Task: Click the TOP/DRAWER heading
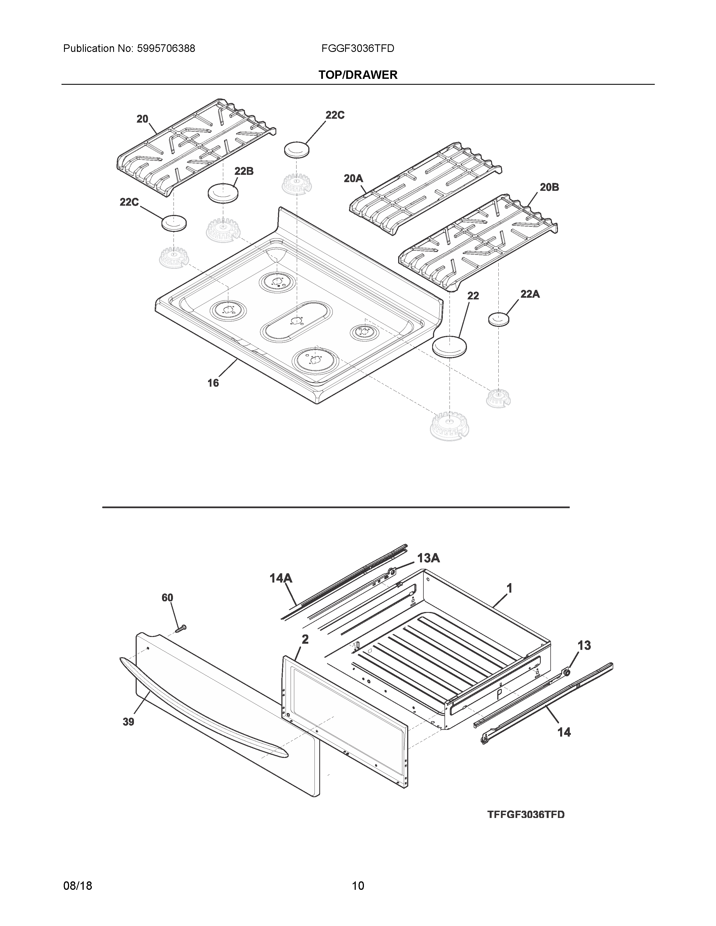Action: (x=357, y=75)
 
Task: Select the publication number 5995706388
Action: (x=166, y=49)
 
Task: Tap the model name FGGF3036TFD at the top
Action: (x=357, y=49)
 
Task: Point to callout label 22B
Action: (x=244, y=171)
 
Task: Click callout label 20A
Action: (x=353, y=178)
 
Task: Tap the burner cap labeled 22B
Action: (x=223, y=193)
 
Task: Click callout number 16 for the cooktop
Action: (x=213, y=383)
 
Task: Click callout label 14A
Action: (x=281, y=577)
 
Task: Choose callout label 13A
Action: (x=428, y=558)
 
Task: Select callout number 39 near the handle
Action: (x=128, y=722)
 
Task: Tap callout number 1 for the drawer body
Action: (x=509, y=588)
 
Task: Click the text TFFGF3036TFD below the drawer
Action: (x=526, y=815)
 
